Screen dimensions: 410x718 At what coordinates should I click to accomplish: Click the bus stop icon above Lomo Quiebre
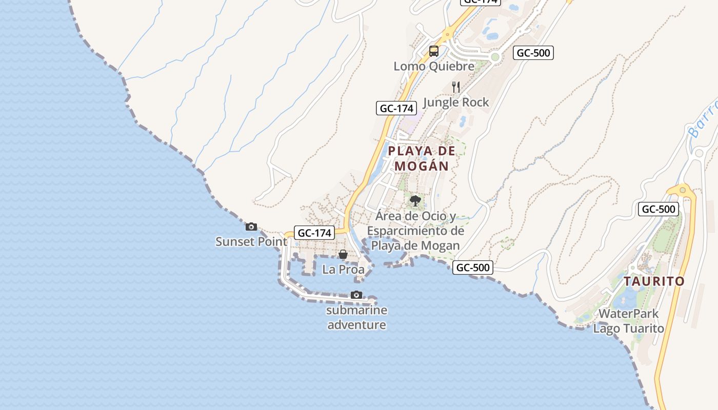[x=434, y=51]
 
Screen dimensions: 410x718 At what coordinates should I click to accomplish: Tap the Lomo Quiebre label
[x=434, y=67]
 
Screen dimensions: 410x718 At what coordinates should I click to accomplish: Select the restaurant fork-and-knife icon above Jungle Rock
[x=456, y=87]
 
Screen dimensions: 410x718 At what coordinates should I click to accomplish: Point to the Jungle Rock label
[x=456, y=102]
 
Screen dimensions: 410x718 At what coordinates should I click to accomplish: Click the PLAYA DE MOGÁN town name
[x=422, y=158]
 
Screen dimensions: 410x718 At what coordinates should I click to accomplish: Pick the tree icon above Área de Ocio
[x=415, y=201]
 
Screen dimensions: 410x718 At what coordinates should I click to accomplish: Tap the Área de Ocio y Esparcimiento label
[x=415, y=231]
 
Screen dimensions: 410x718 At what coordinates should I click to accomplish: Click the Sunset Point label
[x=251, y=241]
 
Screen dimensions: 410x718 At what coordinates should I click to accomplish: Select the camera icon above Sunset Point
[x=251, y=227]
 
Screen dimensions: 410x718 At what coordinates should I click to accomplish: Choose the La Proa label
[x=343, y=270]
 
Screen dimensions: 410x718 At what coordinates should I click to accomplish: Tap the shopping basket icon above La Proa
[x=343, y=254]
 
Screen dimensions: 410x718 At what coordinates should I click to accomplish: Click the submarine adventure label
[x=356, y=317]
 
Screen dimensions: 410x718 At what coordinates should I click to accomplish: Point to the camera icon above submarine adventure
[x=356, y=295]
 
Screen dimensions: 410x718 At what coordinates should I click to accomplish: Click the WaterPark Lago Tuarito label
[x=628, y=321]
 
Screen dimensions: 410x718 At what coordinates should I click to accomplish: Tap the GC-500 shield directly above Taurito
[x=659, y=209]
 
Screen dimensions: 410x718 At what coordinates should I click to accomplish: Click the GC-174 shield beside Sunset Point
[x=315, y=233]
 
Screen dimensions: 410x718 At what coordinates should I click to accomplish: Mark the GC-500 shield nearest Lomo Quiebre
[x=534, y=53]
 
